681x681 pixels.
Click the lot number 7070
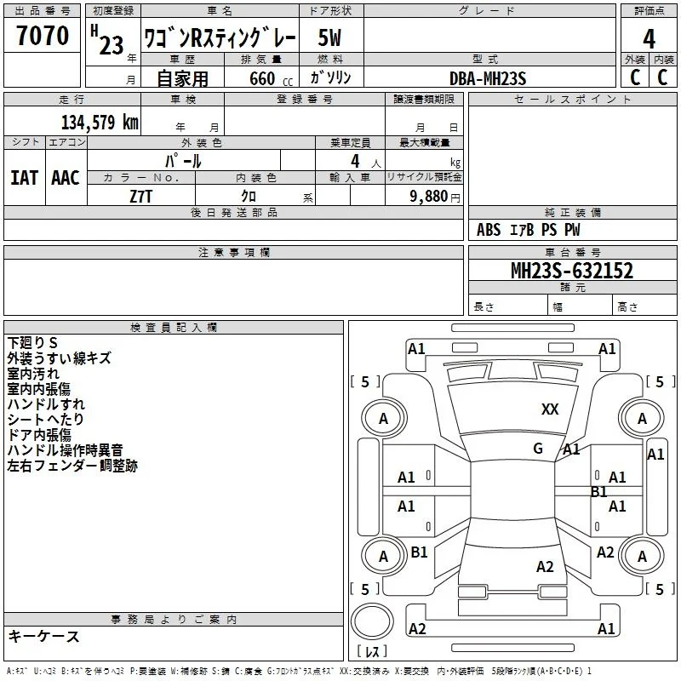[x=43, y=36]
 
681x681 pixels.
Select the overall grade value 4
[x=649, y=39]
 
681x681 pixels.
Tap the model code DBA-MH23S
[x=488, y=78]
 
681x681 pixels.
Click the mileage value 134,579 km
[x=100, y=122]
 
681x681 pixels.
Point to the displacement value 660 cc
[x=271, y=78]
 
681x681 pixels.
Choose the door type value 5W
[x=329, y=37]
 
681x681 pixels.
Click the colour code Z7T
[x=140, y=197]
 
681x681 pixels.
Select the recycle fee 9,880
[x=429, y=196]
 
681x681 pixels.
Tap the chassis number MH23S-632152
[x=572, y=271]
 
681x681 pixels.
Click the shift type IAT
[x=25, y=178]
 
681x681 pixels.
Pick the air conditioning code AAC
[x=66, y=178]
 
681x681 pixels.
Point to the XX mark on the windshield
[x=550, y=409]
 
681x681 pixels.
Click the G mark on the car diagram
[x=538, y=448]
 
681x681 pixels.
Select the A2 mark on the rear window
[x=545, y=567]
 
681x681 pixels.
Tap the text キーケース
[x=44, y=636]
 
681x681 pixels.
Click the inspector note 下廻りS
[x=32, y=343]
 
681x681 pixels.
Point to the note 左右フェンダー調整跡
[x=72, y=466]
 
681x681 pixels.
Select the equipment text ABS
[x=489, y=230]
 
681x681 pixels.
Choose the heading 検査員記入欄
[x=174, y=328]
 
